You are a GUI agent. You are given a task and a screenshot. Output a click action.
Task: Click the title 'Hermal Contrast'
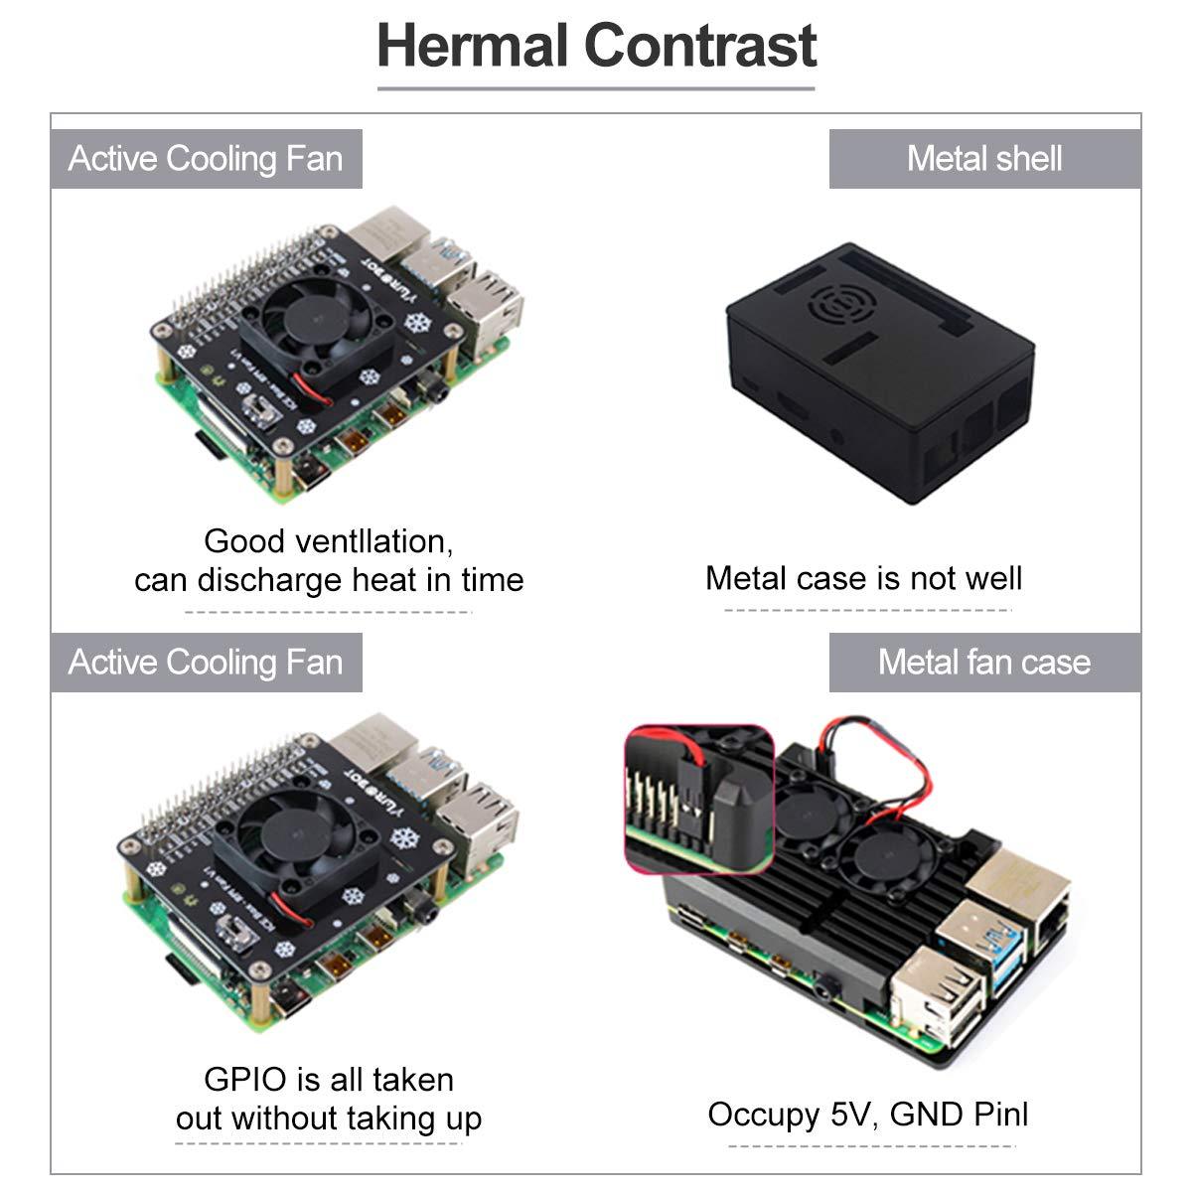coord(597,47)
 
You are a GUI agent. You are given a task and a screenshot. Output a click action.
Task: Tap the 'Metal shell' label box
coord(984,159)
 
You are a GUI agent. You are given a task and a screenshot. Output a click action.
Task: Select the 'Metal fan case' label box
coord(984,663)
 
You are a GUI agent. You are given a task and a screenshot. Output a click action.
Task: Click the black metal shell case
coord(879,377)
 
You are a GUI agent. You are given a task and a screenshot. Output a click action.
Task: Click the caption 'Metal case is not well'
coord(863,578)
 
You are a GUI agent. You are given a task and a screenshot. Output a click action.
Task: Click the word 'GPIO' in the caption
coord(245,1079)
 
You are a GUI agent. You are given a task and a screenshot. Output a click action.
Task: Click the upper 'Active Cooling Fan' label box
coord(207,159)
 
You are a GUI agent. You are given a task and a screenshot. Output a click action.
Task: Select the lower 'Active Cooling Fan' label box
coord(207,663)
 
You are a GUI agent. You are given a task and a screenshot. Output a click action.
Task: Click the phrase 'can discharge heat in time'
coord(329,579)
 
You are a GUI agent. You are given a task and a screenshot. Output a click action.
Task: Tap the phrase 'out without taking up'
coord(329,1118)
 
